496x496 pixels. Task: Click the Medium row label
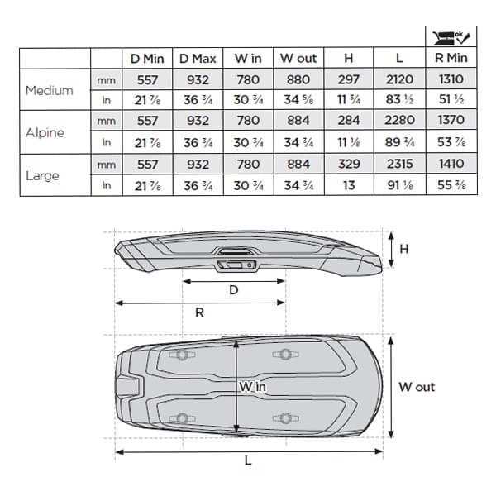[x=49, y=90]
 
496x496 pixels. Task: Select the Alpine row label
[x=45, y=131]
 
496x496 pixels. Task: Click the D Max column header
[x=198, y=58]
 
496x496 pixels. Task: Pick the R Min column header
[x=451, y=58]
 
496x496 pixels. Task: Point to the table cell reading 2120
[x=400, y=79]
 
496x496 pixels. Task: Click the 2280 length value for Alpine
[x=400, y=122]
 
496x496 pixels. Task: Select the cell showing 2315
[x=400, y=164]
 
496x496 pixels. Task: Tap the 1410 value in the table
[x=451, y=164]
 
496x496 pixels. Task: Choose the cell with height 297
[x=349, y=79]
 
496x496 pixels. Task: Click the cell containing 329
[x=349, y=164]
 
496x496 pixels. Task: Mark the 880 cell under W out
[x=298, y=79]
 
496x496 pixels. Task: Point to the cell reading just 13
[x=349, y=185]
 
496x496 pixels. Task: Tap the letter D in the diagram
[x=234, y=290]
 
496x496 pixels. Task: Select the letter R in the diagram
[x=199, y=313]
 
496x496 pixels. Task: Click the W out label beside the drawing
[x=416, y=386]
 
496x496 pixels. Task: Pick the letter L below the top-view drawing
[x=248, y=461]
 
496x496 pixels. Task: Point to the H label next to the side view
[x=403, y=247]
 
